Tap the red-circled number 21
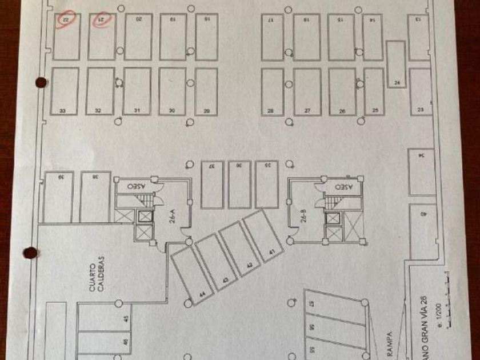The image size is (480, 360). click(102, 19)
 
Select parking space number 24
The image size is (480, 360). click(396, 65)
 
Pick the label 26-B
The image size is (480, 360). click(304, 218)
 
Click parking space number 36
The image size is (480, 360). click(240, 184)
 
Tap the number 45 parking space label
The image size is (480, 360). click(126, 321)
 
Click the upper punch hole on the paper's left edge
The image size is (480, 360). click(40, 82)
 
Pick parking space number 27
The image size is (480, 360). click(307, 92)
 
